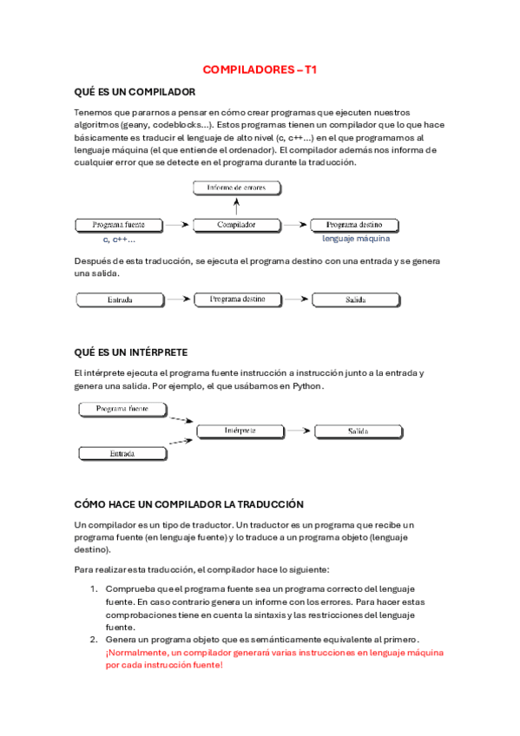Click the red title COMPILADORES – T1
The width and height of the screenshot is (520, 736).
[260, 69]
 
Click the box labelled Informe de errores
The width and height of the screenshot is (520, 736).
[236, 187]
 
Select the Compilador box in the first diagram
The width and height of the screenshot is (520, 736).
[236, 225]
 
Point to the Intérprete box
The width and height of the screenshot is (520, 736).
[240, 430]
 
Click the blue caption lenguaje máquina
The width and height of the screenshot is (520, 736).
[356, 239]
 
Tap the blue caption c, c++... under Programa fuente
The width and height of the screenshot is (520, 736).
[119, 239]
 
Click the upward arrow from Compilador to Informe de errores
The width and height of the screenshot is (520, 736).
[236, 206]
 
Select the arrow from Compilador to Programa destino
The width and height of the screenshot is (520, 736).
[295, 225]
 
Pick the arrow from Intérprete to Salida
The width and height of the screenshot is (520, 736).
[299, 430]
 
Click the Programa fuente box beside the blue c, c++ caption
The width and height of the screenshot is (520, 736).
[118, 225]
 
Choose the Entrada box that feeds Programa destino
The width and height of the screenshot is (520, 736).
[120, 299]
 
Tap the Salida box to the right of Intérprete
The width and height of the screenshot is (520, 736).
[359, 430]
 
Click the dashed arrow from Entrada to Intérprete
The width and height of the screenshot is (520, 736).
[181, 444]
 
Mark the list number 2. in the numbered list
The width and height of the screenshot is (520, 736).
[96, 640]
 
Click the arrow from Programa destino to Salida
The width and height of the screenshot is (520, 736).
[295, 299]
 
